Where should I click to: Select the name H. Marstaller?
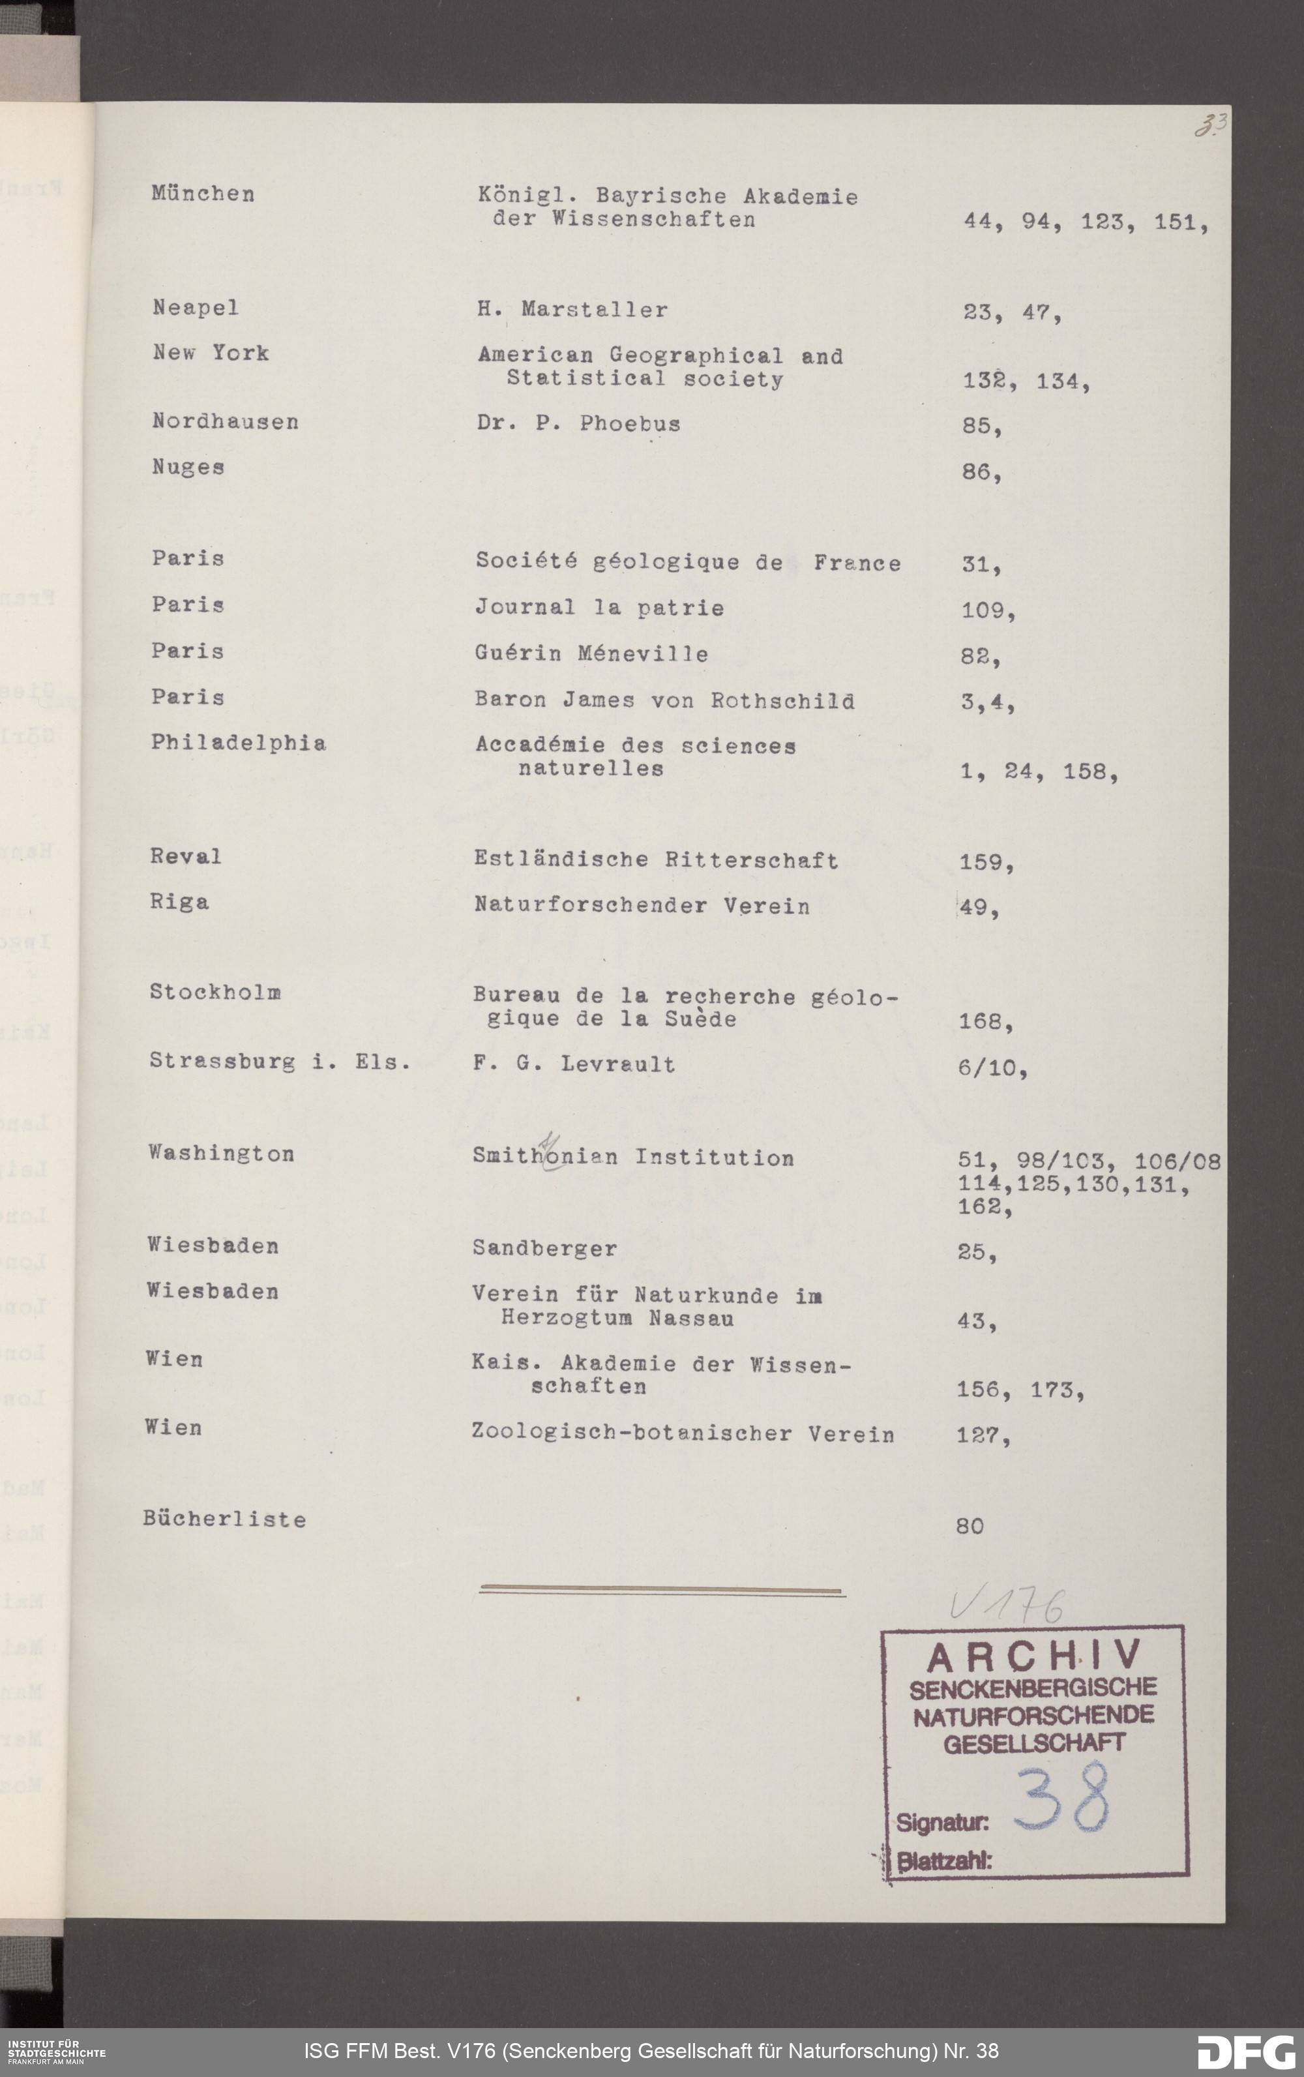[572, 310]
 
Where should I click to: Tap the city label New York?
[211, 353]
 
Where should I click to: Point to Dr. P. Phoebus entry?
[578, 423]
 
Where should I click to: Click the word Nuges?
[188, 468]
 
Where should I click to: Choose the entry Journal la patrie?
[599, 607]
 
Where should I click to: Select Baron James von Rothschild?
[664, 700]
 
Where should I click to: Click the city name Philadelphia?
[238, 743]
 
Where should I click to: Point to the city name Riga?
[179, 903]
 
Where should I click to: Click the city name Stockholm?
[215, 992]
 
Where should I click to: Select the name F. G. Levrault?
[574, 1064]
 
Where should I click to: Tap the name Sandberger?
[544, 1248]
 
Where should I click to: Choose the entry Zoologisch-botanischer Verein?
[682, 1433]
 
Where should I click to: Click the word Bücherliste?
[224, 1519]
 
